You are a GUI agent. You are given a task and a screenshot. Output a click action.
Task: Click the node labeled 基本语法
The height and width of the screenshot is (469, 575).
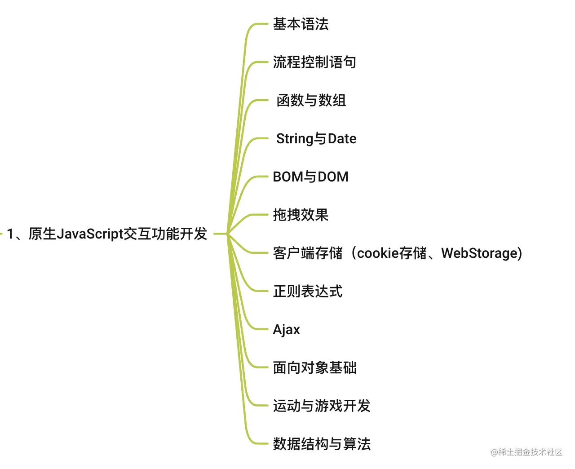pyautogui.click(x=301, y=24)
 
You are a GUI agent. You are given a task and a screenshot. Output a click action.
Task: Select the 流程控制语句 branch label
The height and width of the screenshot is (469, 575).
pyautogui.click(x=314, y=62)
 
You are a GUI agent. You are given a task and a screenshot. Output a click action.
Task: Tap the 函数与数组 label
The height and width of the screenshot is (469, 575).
pyautogui.click(x=311, y=101)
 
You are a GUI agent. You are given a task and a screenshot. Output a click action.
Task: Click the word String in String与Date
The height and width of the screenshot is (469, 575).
pyautogui.click(x=294, y=139)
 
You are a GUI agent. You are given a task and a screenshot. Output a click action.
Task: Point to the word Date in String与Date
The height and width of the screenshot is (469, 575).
pyautogui.click(x=342, y=139)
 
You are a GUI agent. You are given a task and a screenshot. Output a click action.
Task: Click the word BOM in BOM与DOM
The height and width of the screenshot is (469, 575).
pyautogui.click(x=288, y=177)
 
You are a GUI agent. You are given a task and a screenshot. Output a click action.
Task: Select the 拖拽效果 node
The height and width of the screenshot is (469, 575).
pyautogui.click(x=301, y=215)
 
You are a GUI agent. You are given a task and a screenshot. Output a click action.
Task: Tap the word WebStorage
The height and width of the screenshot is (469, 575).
pyautogui.click(x=479, y=253)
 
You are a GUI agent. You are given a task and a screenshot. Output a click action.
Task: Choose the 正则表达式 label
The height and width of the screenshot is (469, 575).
pyautogui.click(x=308, y=292)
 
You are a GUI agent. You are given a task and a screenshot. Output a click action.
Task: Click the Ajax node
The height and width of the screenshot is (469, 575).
pyautogui.click(x=286, y=330)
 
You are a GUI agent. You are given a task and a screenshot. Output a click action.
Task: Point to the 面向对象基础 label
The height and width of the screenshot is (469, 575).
pyautogui.click(x=314, y=368)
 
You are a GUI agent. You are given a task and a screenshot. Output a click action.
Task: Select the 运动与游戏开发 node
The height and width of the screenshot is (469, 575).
pyautogui.click(x=322, y=406)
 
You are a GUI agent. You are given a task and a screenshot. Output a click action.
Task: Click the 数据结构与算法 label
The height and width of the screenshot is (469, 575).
pyautogui.click(x=322, y=444)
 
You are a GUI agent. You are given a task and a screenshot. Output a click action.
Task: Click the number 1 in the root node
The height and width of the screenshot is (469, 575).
pyautogui.click(x=10, y=234)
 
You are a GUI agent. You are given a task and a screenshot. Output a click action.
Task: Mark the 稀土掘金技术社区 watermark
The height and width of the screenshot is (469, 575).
pyautogui.click(x=526, y=452)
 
